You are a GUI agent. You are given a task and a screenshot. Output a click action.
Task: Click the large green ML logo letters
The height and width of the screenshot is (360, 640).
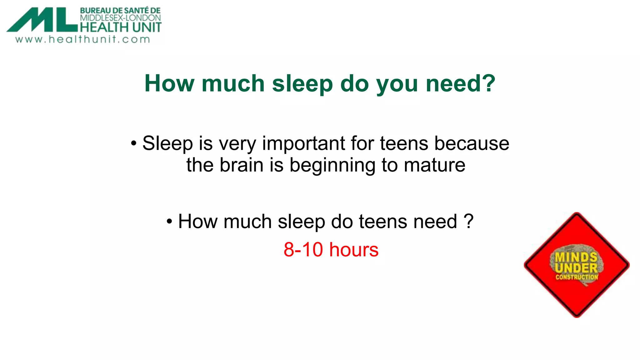(x=42, y=20)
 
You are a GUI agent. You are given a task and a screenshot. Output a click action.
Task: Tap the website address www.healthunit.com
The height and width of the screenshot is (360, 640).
(x=83, y=39)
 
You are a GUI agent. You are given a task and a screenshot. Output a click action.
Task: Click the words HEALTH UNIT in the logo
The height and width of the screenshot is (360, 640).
(x=121, y=27)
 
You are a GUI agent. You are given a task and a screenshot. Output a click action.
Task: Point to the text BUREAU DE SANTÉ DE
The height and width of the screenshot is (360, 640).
(x=120, y=11)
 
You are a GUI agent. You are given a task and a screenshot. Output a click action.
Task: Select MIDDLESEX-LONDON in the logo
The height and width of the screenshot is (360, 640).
(x=120, y=18)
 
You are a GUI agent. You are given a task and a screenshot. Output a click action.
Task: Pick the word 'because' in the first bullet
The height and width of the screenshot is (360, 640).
(x=472, y=143)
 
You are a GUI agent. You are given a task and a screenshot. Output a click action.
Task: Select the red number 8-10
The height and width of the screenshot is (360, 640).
(x=303, y=250)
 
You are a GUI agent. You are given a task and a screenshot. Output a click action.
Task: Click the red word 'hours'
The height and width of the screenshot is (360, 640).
(x=354, y=250)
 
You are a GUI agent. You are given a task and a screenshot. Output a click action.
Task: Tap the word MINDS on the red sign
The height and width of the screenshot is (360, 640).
(x=576, y=257)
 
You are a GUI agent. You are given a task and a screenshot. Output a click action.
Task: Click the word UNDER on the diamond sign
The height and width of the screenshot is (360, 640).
(x=577, y=268)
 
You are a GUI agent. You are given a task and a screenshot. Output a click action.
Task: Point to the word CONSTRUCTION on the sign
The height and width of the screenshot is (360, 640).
(x=577, y=277)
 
